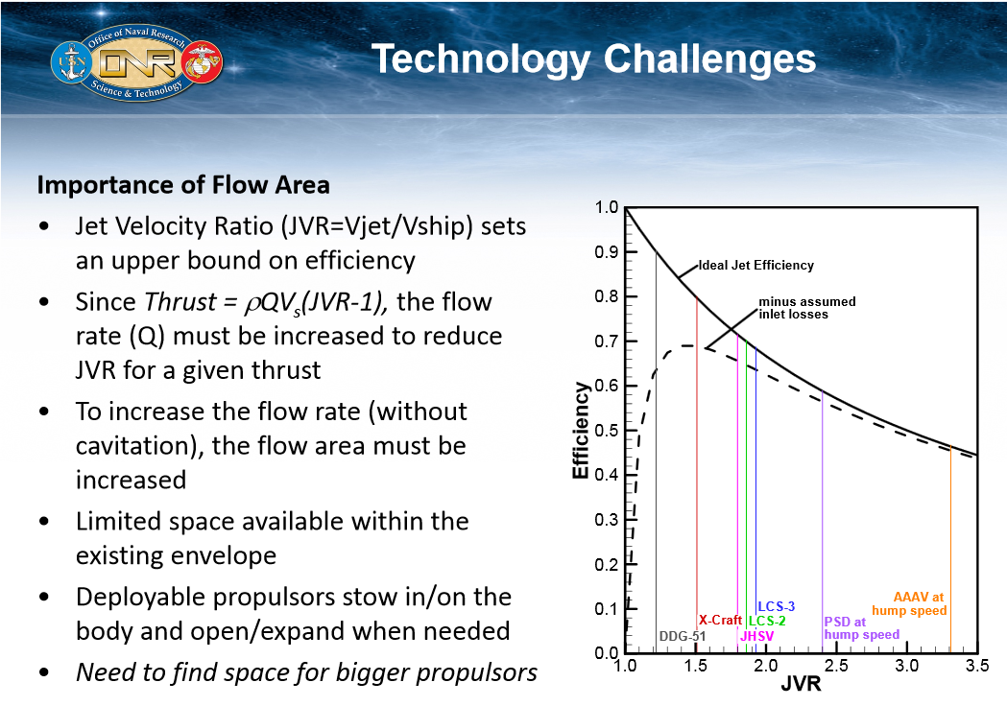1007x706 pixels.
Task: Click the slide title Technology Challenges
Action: click(x=593, y=59)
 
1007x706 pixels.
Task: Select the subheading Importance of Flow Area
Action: click(x=182, y=184)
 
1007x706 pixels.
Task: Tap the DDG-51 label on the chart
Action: click(x=682, y=636)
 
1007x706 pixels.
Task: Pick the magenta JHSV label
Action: click(x=756, y=635)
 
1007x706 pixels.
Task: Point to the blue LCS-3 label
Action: click(x=776, y=606)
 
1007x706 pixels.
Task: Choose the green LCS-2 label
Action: click(x=767, y=621)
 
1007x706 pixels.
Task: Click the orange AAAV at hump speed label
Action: click(x=909, y=603)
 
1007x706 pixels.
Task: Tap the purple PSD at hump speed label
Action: click(x=861, y=627)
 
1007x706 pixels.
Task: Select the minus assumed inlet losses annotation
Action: click(x=806, y=308)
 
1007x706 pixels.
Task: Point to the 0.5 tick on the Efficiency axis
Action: click(x=607, y=431)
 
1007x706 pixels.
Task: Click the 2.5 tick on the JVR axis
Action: click(x=836, y=665)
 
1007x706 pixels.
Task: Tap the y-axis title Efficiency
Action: click(x=581, y=431)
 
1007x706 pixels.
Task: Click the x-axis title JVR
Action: click(x=802, y=686)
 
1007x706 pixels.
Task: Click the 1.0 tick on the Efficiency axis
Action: click(x=607, y=207)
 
